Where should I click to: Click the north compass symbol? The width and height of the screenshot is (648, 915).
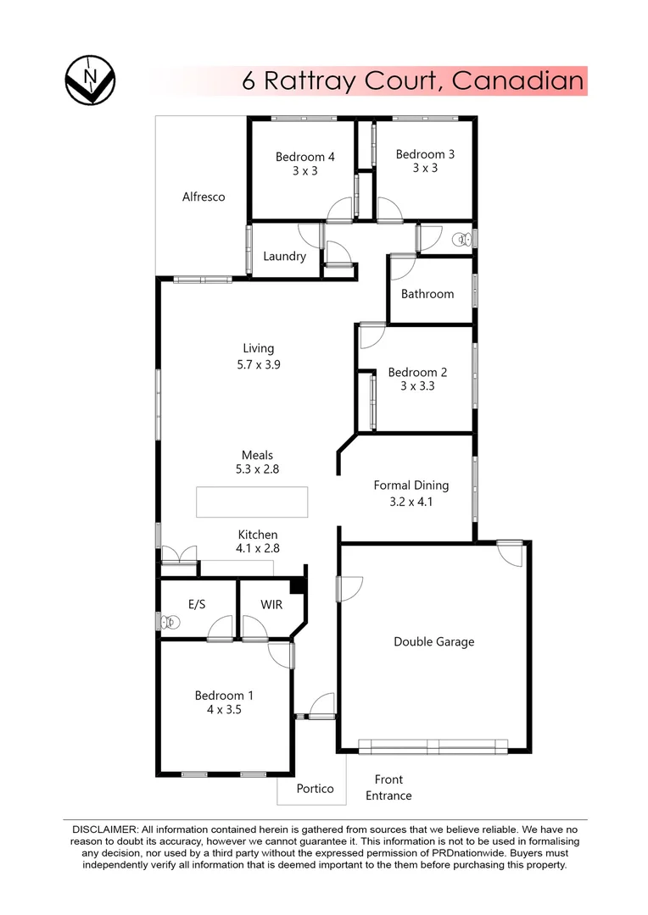90,81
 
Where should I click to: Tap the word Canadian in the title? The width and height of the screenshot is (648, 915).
517,81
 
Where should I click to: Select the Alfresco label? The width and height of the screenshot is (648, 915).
204,197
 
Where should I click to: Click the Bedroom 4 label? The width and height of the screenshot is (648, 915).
305,157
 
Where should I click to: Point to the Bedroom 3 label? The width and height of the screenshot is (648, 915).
425,154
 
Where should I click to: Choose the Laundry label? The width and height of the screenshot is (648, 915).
284,256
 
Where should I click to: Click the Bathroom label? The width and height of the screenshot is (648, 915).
427,294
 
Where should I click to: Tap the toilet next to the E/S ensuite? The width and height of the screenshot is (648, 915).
170,623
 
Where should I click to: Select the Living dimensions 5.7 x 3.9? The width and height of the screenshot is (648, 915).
259,365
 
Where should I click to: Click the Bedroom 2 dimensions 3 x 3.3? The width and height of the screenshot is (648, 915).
417,386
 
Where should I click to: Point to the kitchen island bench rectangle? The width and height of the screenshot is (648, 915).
253,502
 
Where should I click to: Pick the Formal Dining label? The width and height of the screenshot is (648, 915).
411,485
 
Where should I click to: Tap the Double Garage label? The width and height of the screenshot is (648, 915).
433,641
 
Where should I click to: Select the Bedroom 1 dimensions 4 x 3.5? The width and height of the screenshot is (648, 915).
224,711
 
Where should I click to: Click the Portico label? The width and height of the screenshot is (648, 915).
315,789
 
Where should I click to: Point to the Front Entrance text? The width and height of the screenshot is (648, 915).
388,787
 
